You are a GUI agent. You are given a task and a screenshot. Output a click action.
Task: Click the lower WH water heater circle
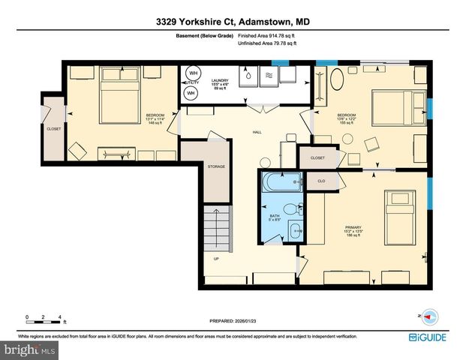(x=191, y=93)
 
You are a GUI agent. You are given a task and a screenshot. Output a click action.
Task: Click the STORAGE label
(x=216, y=166)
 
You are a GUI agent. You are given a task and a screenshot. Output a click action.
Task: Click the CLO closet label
(x=320, y=181)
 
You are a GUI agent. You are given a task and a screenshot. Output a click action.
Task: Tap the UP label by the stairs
(x=217, y=259)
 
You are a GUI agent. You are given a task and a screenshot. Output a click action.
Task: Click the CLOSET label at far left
(x=54, y=129)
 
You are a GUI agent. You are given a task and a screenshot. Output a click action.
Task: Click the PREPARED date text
(x=233, y=321)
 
